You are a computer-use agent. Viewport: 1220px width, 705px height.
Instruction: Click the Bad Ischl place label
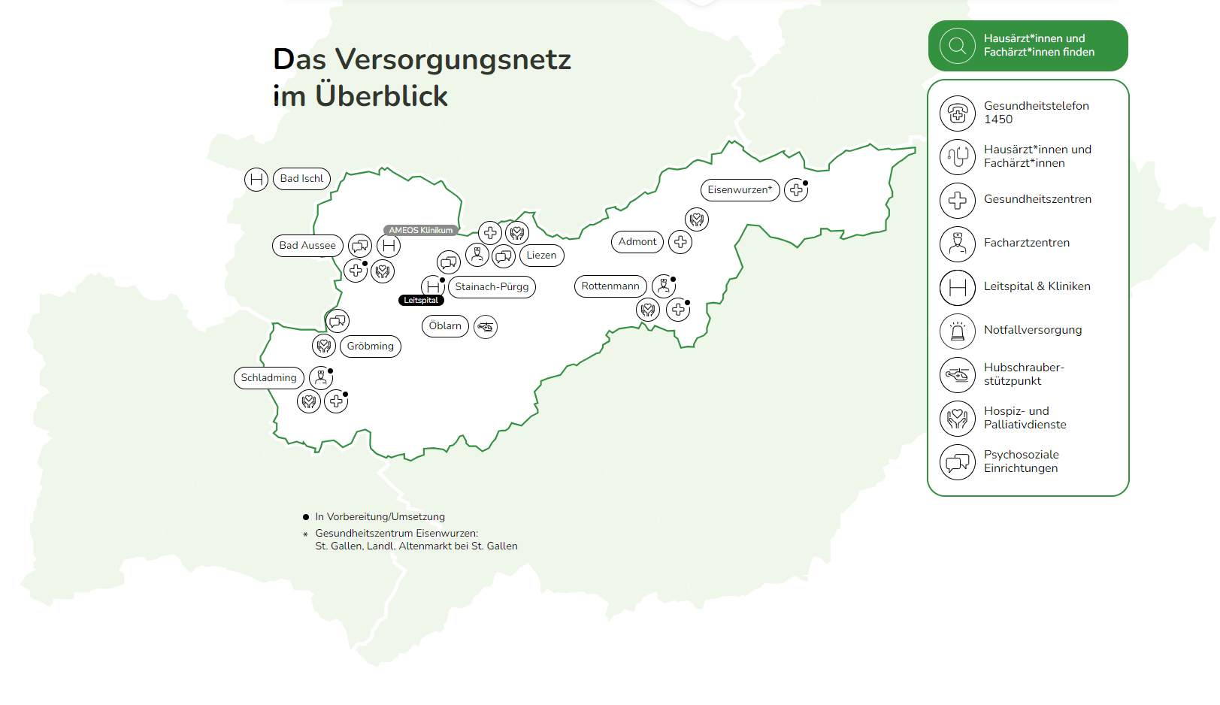tap(301, 179)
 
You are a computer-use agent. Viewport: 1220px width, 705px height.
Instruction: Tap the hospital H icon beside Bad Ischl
tap(256, 180)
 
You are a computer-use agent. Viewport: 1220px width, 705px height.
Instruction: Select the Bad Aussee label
tap(307, 246)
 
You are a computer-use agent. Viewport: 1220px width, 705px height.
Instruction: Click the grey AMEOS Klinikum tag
tap(420, 230)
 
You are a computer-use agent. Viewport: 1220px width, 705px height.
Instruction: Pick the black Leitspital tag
tap(421, 300)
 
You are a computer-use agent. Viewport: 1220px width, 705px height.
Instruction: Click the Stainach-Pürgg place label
tap(492, 287)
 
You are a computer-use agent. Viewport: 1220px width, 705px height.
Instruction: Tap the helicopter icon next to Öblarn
tap(486, 327)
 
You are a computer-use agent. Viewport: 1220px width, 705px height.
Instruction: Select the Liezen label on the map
tap(541, 256)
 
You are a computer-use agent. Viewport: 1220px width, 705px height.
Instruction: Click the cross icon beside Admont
tap(680, 242)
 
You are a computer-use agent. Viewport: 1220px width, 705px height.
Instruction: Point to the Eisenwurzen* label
tap(740, 190)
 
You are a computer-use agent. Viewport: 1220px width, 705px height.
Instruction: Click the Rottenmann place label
tap(610, 286)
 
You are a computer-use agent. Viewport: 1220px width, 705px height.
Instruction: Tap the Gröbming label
tap(370, 346)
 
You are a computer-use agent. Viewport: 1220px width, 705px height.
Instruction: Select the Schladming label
tap(268, 378)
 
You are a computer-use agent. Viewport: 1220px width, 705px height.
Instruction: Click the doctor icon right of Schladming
tap(321, 377)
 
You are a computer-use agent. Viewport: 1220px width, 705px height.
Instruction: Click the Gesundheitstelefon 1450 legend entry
tap(1036, 113)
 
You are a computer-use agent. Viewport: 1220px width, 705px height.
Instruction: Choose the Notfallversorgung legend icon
tap(958, 331)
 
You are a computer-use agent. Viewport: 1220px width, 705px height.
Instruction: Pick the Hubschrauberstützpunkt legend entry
tap(1024, 374)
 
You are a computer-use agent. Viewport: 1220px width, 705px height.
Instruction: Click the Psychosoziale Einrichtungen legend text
tap(1021, 461)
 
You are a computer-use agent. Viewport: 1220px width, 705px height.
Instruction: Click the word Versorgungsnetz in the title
tap(453, 59)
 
